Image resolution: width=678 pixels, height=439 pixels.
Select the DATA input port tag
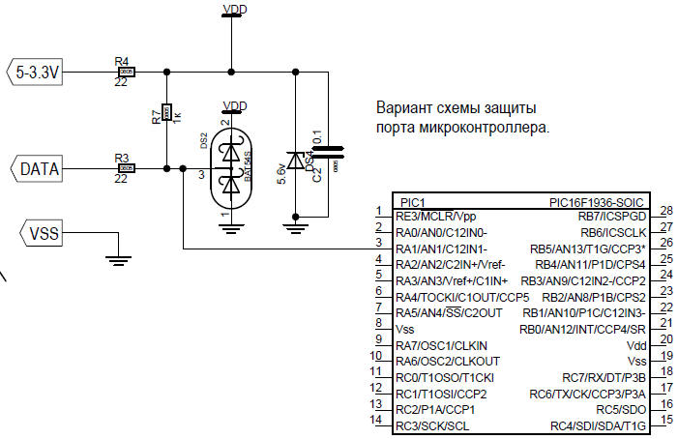click(x=40, y=169)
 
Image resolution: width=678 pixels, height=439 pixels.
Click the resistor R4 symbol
click(x=124, y=72)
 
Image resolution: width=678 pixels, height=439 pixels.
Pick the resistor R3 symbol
click(x=124, y=169)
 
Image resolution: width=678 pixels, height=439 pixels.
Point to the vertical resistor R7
click(x=166, y=113)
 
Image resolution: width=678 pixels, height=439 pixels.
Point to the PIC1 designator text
click(x=412, y=201)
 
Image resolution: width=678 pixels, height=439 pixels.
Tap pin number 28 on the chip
click(x=665, y=211)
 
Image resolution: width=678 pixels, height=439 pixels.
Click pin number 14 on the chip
click(x=377, y=420)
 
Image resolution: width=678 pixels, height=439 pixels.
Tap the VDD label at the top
click(x=233, y=10)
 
